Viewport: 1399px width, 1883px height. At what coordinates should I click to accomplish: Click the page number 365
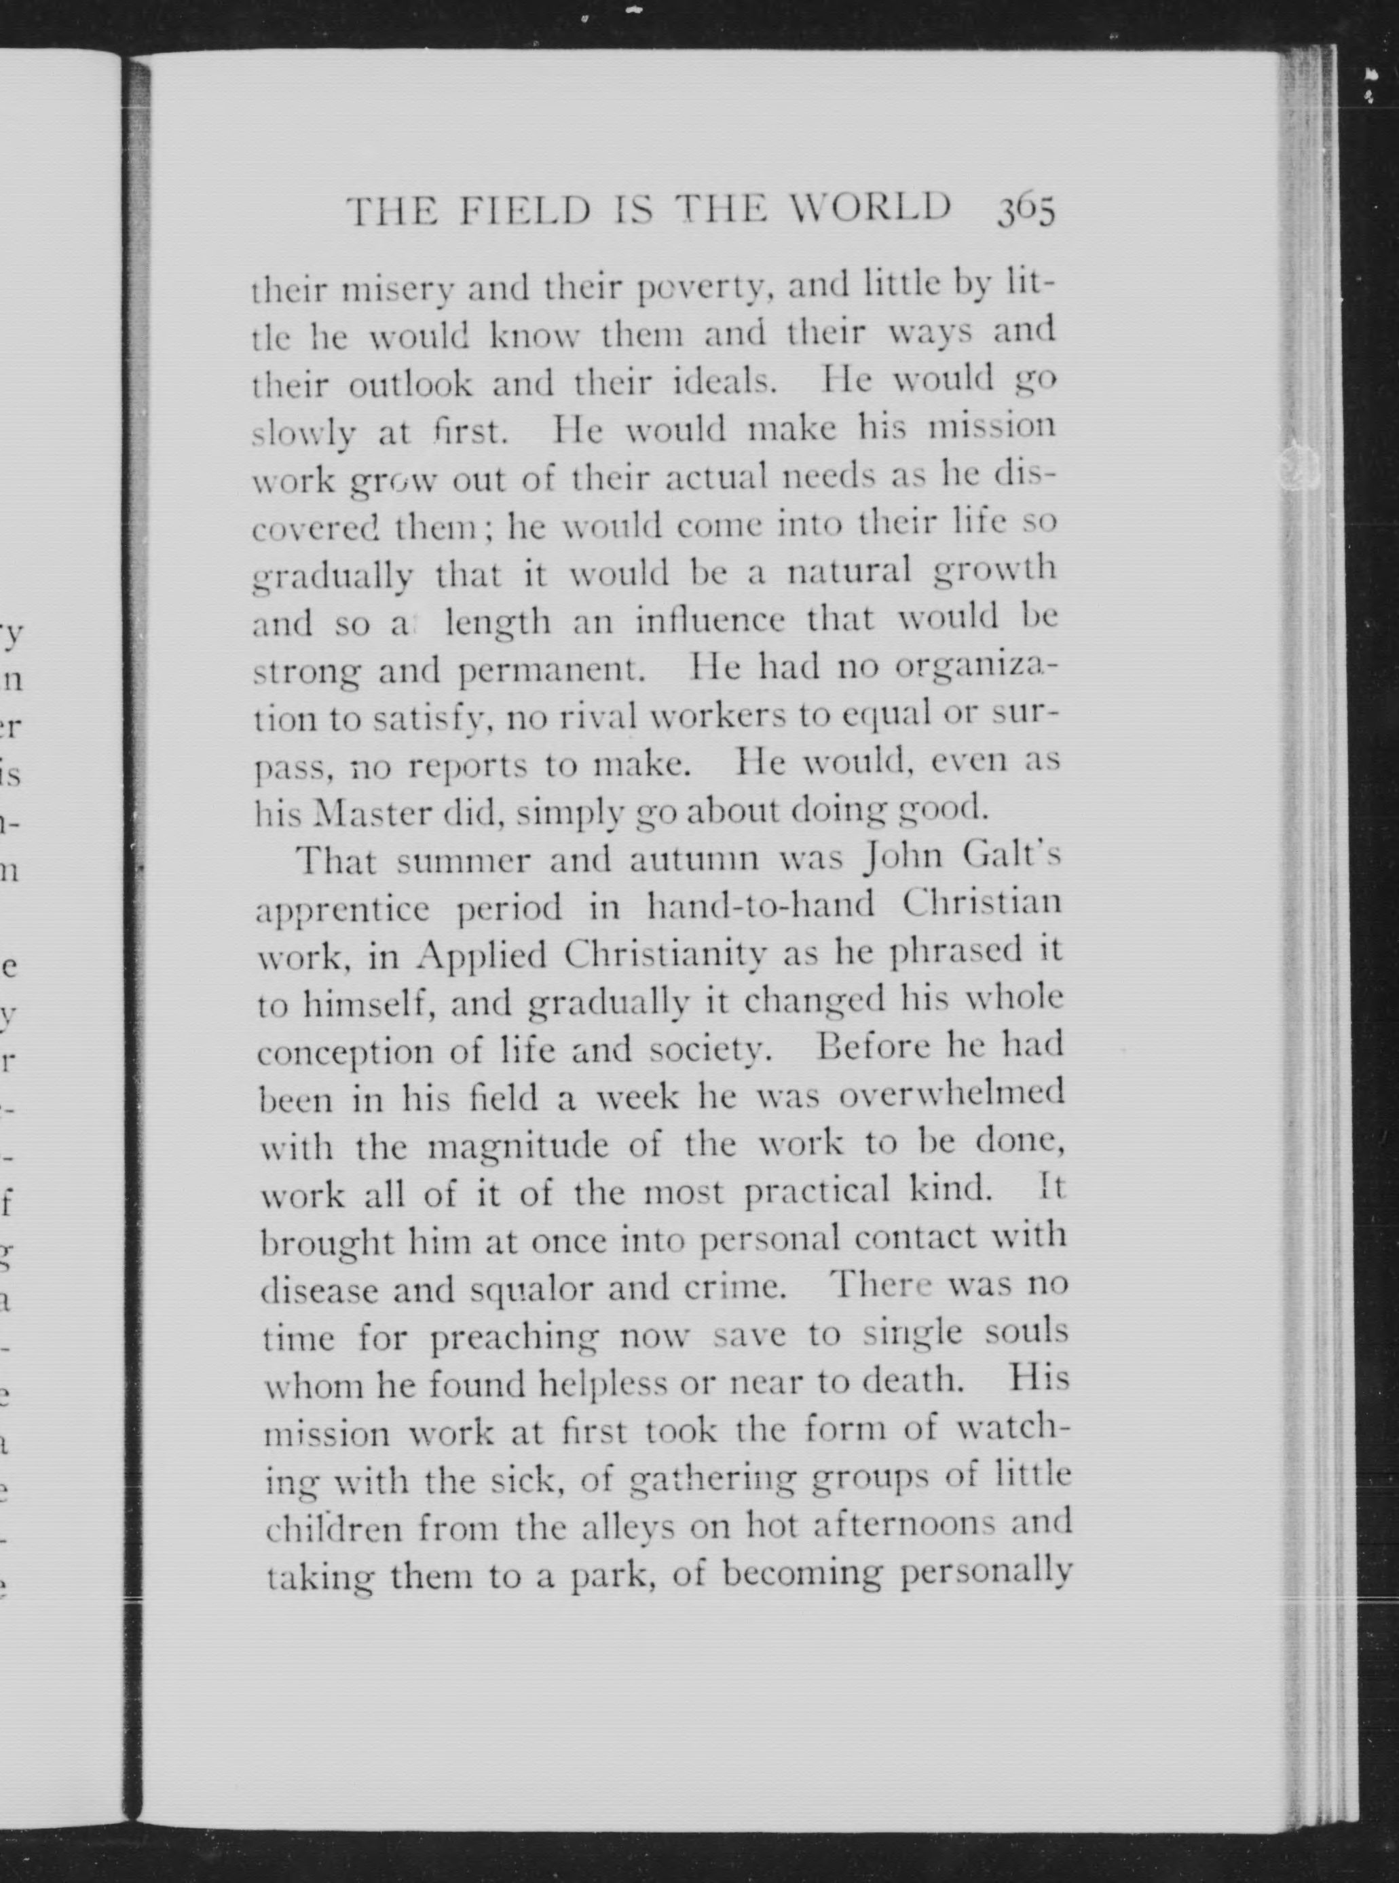(x=1027, y=212)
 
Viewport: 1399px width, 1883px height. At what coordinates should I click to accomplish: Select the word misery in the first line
(x=397, y=291)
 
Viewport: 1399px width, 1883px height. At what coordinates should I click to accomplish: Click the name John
(x=899, y=858)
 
